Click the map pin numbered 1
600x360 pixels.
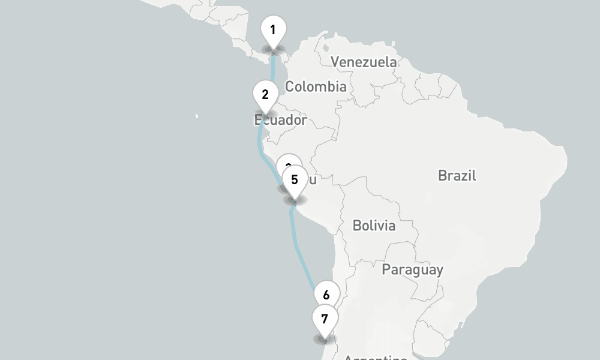[x=273, y=30]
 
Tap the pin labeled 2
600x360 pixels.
[x=265, y=95]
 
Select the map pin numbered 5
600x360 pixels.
[x=294, y=180]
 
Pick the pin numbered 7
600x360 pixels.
[x=325, y=319]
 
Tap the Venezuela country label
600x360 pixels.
[x=364, y=62]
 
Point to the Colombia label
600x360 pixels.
[x=316, y=86]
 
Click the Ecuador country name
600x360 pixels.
[x=281, y=120]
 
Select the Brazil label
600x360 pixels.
[x=457, y=175]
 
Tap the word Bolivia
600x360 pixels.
[x=374, y=226]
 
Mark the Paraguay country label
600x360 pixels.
[x=413, y=269]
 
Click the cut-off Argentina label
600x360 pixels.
[x=376, y=357]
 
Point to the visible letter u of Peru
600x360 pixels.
[x=313, y=179]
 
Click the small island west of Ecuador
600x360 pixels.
[x=196, y=115]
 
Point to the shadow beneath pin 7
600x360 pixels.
[x=325, y=340]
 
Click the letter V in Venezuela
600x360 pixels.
[x=335, y=62]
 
